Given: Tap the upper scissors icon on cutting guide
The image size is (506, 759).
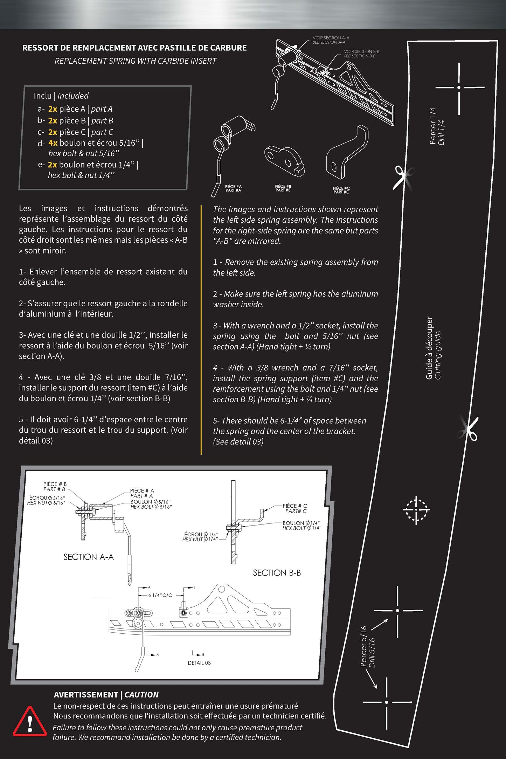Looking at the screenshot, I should (x=403, y=178).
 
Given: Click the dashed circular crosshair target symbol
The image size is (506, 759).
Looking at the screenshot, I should (x=416, y=510).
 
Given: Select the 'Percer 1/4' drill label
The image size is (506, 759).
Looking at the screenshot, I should (x=433, y=126).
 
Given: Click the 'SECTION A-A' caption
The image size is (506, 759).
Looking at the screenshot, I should (x=89, y=557).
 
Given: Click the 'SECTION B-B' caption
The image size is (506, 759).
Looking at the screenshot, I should (x=277, y=573).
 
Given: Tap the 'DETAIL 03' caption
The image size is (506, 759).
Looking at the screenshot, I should (x=199, y=663).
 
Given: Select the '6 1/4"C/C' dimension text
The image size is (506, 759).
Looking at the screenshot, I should (x=160, y=595).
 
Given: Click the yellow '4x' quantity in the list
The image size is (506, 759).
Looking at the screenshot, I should (x=53, y=143).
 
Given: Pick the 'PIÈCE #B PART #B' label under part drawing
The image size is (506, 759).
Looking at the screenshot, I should (x=283, y=188).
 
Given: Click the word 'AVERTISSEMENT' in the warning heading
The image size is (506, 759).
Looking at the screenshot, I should (x=86, y=695).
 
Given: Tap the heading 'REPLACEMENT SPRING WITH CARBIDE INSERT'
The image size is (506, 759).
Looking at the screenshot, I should (x=136, y=61).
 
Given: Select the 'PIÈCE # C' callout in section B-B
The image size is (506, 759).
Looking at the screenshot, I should (x=295, y=506).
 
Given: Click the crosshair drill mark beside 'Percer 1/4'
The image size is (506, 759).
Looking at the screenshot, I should (x=459, y=88).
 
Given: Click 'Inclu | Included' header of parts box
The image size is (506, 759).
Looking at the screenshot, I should (x=61, y=96).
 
